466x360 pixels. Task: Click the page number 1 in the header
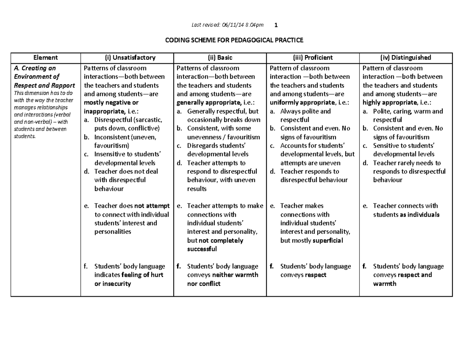pyautogui.click(x=276, y=25)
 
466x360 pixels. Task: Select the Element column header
pyautogui.click(x=45, y=57)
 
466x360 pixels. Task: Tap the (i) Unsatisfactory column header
pyautogui.click(x=127, y=57)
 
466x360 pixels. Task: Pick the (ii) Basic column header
pyautogui.click(x=220, y=57)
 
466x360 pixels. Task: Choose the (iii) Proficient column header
pyautogui.click(x=313, y=57)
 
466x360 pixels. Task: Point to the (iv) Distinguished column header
pyautogui.click(x=406, y=57)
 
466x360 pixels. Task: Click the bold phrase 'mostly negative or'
pyautogui.click(x=111, y=103)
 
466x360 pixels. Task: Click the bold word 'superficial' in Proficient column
pyautogui.click(x=328, y=240)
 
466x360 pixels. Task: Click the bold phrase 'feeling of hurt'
pyautogui.click(x=143, y=275)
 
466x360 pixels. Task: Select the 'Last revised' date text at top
pyautogui.click(x=228, y=25)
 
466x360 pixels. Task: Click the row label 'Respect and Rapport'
pyautogui.click(x=44, y=85)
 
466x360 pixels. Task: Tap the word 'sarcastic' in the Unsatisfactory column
pyautogui.click(x=148, y=120)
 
